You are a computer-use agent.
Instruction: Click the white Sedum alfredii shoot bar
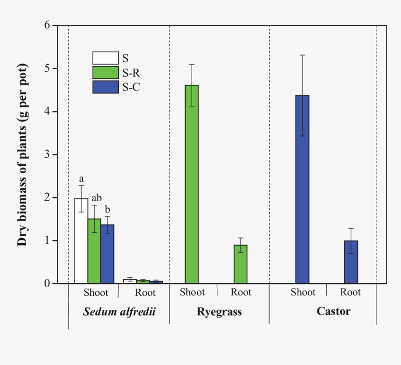pos(81,241)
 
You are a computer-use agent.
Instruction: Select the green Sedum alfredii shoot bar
pos(94,251)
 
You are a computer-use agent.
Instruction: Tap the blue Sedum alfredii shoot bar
pos(107,254)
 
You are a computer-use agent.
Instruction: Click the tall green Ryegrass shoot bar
pos(192,184)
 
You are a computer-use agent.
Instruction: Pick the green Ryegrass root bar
pos(241,264)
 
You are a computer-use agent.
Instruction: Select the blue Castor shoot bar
pos(302,190)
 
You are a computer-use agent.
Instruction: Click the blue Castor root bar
pos(351,262)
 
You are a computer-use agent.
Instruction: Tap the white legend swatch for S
pos(105,58)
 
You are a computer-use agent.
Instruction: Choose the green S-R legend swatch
pos(105,72)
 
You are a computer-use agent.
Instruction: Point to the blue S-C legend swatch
pos(105,87)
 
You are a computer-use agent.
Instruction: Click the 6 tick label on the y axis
pos(47,25)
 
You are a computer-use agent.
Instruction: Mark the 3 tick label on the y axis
pos(47,154)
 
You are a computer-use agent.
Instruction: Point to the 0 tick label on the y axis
pos(47,283)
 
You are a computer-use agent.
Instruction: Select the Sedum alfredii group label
pos(119,312)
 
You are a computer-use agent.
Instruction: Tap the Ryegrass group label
pos(219,312)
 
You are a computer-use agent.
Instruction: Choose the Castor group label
pos(333,311)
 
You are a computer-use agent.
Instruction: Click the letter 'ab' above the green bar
pos(97,197)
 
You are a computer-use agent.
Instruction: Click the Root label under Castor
pos(350,293)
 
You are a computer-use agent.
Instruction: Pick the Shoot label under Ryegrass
pos(192,293)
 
